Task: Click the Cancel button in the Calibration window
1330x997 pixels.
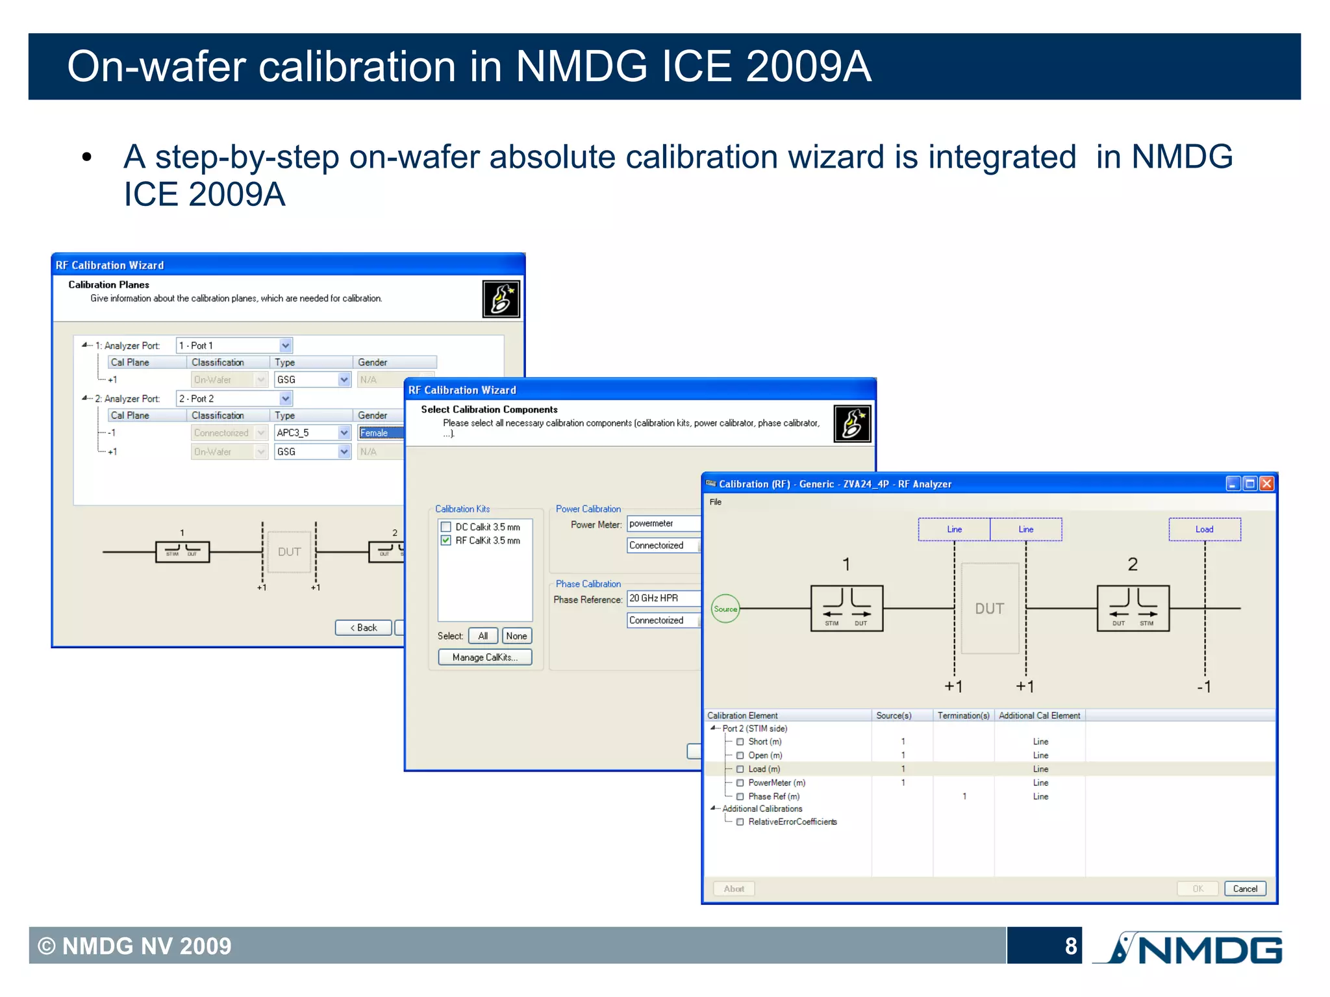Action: [x=1244, y=889]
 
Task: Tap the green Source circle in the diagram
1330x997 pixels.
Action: [x=725, y=609]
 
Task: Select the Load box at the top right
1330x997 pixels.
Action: [x=1204, y=529]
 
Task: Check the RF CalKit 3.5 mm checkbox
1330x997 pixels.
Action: [x=446, y=540]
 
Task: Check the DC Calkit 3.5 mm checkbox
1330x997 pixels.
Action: [x=446, y=527]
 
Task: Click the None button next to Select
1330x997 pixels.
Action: [x=516, y=636]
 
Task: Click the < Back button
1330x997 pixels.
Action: [x=363, y=627]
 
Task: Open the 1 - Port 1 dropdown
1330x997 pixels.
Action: [x=285, y=346]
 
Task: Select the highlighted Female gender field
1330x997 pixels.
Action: [x=381, y=433]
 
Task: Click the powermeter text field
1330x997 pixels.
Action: [x=662, y=524]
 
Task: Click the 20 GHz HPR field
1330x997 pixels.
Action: [x=662, y=598]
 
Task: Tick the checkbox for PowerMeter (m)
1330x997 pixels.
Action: [x=740, y=783]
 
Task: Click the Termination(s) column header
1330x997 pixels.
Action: [x=963, y=715]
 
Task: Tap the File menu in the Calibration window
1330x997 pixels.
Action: [x=715, y=502]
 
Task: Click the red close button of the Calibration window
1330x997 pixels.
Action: [x=1266, y=484]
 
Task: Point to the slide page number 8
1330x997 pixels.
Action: [x=1070, y=946]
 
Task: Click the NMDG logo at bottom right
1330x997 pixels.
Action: [x=1188, y=948]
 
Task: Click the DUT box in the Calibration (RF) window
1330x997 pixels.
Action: [x=989, y=609]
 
